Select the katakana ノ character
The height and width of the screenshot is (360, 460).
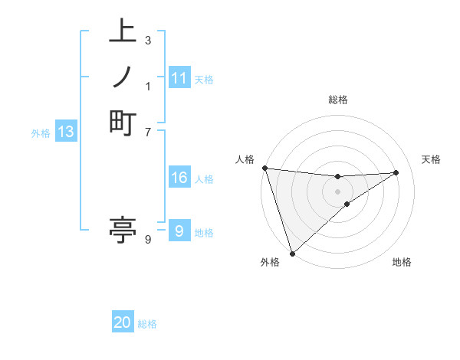point(123,77)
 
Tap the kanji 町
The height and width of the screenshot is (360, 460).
point(123,122)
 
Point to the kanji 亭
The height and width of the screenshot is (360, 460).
point(123,231)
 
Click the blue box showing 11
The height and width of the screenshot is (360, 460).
point(179,78)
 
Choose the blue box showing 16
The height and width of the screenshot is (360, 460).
point(179,178)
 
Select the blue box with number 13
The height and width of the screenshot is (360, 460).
point(66,132)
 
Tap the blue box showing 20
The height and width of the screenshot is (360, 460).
point(123,322)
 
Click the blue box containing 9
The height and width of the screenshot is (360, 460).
point(179,231)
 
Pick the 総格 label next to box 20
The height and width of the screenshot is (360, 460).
point(147,324)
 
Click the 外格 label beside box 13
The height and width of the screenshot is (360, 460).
point(41,133)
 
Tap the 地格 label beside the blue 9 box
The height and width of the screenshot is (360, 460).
point(204,233)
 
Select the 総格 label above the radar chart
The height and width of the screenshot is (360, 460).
point(337,100)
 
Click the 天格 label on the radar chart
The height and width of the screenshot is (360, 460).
point(431,159)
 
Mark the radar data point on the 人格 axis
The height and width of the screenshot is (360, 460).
point(264,168)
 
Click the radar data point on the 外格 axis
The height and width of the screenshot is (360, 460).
point(292,253)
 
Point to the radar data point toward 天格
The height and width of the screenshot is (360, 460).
point(396,172)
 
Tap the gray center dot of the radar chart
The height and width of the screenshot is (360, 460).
point(337,191)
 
